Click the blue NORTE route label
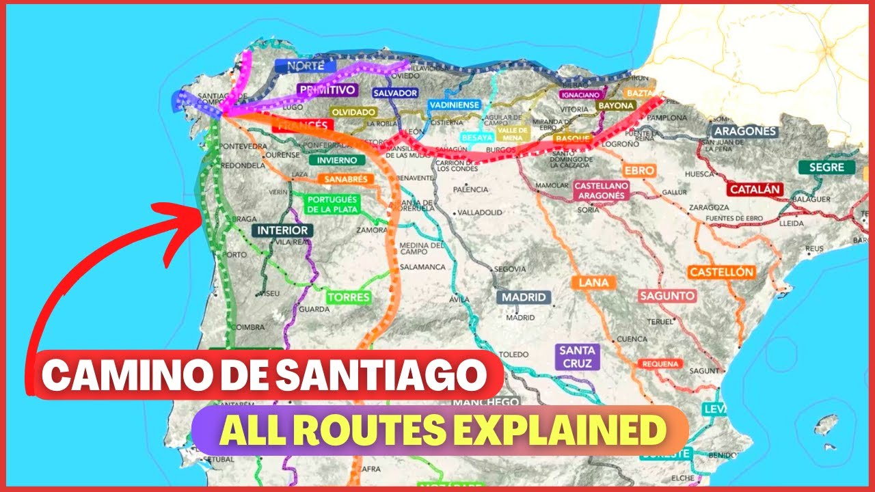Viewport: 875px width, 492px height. pyautogui.click(x=306, y=66)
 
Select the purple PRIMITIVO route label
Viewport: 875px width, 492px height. pyautogui.click(x=327, y=90)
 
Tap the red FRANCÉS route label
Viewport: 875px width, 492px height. pyautogui.click(x=301, y=126)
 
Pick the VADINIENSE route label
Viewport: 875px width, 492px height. pyautogui.click(x=455, y=105)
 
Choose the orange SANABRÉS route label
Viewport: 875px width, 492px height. pyautogui.click(x=346, y=180)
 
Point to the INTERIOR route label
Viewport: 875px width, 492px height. pyautogui.click(x=282, y=230)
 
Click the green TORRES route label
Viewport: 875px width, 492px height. pyautogui.click(x=348, y=297)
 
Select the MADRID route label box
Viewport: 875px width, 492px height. pyautogui.click(x=524, y=297)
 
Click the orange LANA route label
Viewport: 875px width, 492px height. pyautogui.click(x=593, y=282)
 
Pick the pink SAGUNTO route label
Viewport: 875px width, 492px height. pyautogui.click(x=667, y=296)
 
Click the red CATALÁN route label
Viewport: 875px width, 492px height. pyautogui.click(x=755, y=189)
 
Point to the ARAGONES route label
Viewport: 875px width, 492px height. pyautogui.click(x=744, y=131)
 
